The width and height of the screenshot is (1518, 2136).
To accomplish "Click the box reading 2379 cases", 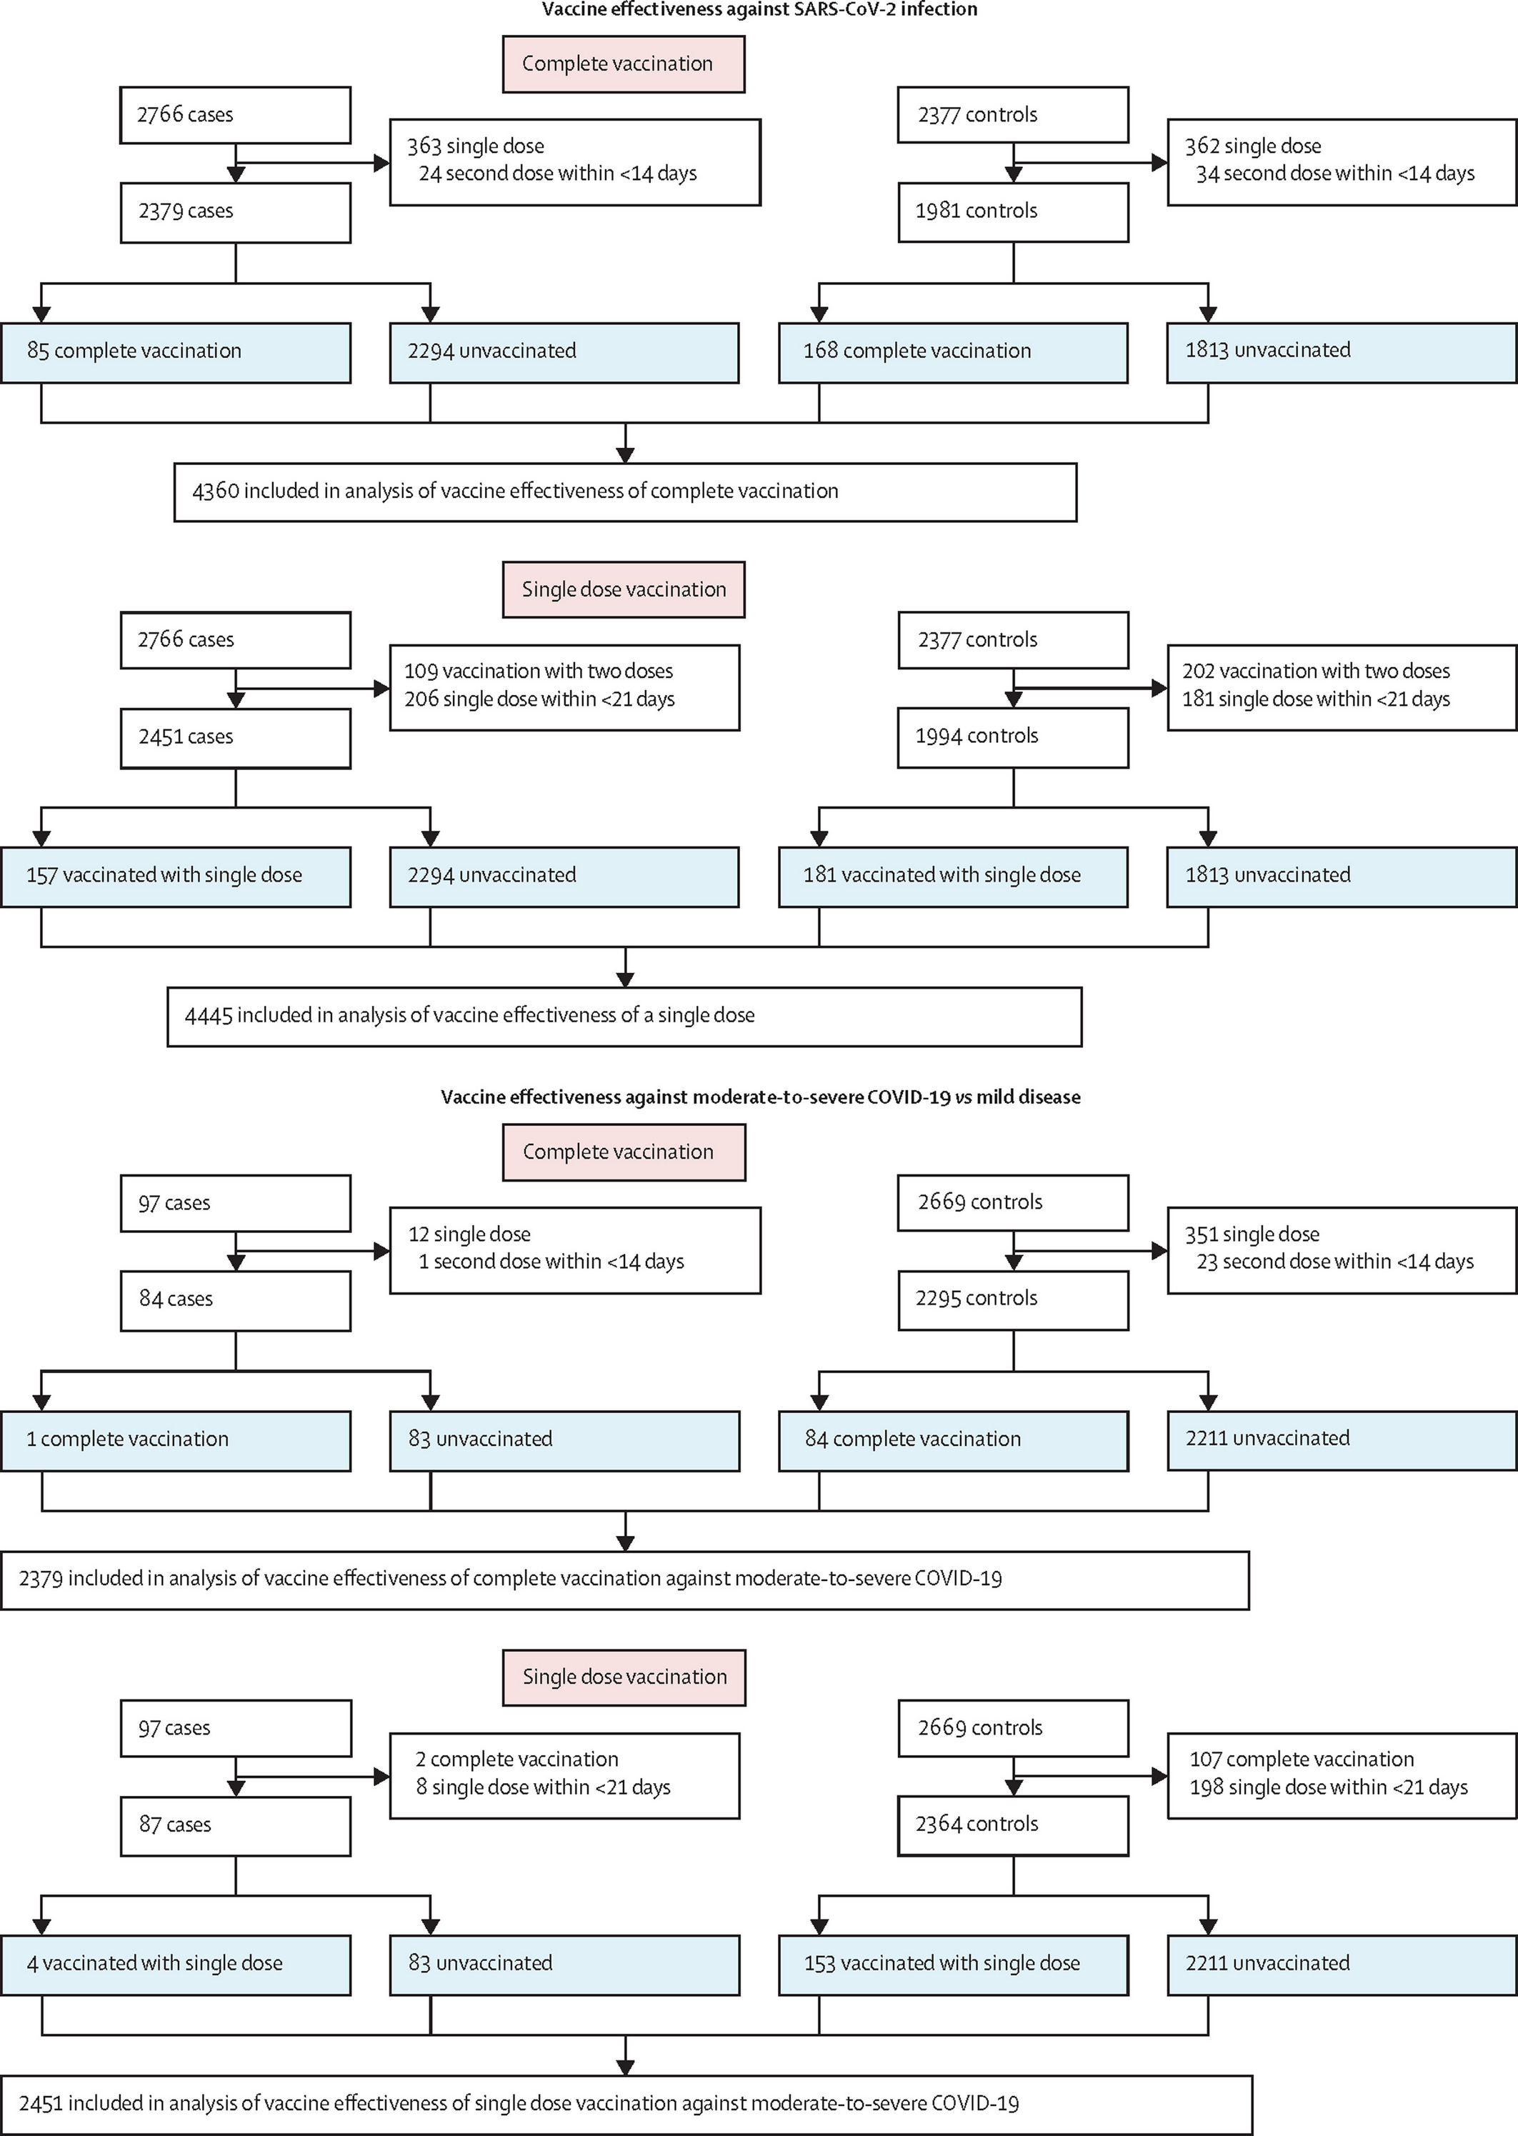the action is tap(236, 213).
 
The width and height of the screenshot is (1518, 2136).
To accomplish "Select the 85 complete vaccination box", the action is tap(176, 352).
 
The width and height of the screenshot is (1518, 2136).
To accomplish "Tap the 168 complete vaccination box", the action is tap(954, 352).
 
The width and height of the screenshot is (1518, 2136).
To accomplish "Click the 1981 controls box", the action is tap(1013, 212).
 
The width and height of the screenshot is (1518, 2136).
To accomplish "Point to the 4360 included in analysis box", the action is tap(625, 491).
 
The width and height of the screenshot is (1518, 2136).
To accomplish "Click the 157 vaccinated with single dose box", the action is tap(176, 877).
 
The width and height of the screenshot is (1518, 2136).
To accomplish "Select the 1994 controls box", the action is tap(1013, 737).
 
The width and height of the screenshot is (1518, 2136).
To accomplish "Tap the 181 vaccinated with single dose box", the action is tap(954, 877).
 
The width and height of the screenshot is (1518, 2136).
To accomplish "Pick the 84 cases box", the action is tap(236, 1300).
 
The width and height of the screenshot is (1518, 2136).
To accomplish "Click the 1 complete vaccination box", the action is tap(176, 1440).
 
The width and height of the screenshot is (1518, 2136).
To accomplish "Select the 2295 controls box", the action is tap(1013, 1300).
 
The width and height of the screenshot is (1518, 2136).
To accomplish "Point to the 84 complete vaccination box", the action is tap(954, 1440).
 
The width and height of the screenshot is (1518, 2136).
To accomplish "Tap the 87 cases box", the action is tap(236, 1826).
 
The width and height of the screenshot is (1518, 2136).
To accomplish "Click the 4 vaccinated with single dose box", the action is tap(176, 1965).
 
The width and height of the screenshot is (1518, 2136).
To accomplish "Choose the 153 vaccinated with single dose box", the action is tap(954, 1965).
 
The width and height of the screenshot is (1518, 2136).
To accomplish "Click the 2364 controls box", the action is tap(1013, 1826).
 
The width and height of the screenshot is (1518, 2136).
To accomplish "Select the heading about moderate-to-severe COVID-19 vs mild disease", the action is tap(761, 1097).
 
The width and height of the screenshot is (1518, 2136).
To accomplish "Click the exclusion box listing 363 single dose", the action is tap(575, 161).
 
